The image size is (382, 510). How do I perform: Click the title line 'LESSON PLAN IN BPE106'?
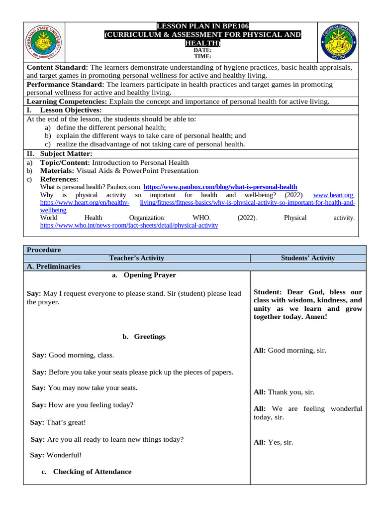point(203,26)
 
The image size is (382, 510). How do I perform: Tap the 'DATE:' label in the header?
point(203,50)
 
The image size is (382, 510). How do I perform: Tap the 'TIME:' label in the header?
point(203,56)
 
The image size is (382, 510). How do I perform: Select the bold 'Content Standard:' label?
point(57,67)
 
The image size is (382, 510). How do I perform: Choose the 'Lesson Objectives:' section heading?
point(71,110)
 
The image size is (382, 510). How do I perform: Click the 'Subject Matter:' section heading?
point(66,153)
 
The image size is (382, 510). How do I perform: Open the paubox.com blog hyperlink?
point(220,187)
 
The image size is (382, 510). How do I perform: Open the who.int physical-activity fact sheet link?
point(129,225)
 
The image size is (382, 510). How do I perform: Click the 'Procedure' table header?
point(44,250)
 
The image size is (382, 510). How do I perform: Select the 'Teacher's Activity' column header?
point(137,258)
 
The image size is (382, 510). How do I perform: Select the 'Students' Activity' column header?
point(308,258)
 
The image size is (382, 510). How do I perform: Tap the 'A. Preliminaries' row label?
point(53,266)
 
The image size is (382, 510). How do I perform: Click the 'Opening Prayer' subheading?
point(149,275)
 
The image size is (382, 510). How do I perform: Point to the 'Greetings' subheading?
point(149,337)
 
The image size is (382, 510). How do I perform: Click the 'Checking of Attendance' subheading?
point(92,472)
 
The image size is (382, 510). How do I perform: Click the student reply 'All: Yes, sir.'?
point(274,442)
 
